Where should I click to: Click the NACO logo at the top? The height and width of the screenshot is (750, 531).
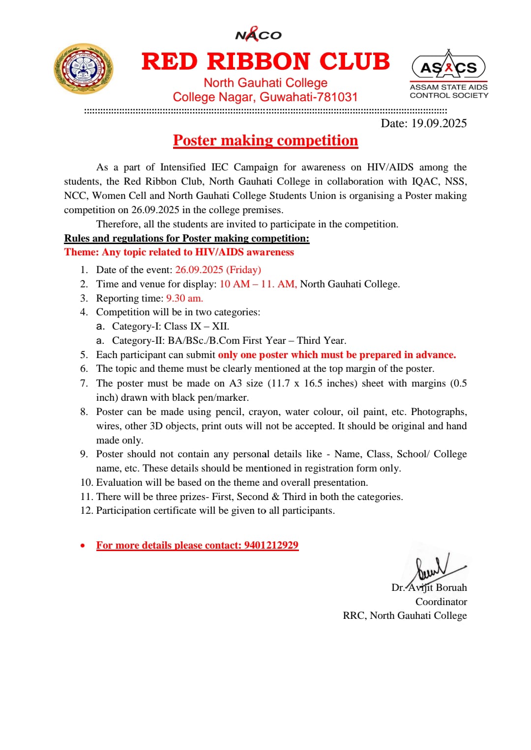point(258,34)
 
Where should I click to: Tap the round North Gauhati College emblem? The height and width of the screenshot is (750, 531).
point(83,69)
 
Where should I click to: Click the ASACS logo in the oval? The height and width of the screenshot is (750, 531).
point(448,67)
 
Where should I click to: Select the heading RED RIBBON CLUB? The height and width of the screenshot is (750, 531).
point(265,62)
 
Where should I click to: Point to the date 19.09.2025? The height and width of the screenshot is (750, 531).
point(439,123)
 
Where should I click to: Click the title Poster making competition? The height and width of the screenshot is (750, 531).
point(265,140)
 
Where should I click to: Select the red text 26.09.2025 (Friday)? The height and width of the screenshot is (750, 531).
point(218,270)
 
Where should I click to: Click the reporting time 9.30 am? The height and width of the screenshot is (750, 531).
point(184,298)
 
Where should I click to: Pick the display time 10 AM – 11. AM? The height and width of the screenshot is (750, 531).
point(258,284)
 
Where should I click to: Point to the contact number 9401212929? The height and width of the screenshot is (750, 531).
point(271,545)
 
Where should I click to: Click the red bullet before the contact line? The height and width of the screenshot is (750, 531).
point(83,546)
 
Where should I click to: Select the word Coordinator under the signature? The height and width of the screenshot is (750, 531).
point(441,602)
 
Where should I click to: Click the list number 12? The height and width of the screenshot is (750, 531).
point(86,511)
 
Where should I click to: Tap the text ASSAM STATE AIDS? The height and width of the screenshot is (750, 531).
point(448,87)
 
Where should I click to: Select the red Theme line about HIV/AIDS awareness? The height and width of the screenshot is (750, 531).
point(179,252)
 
